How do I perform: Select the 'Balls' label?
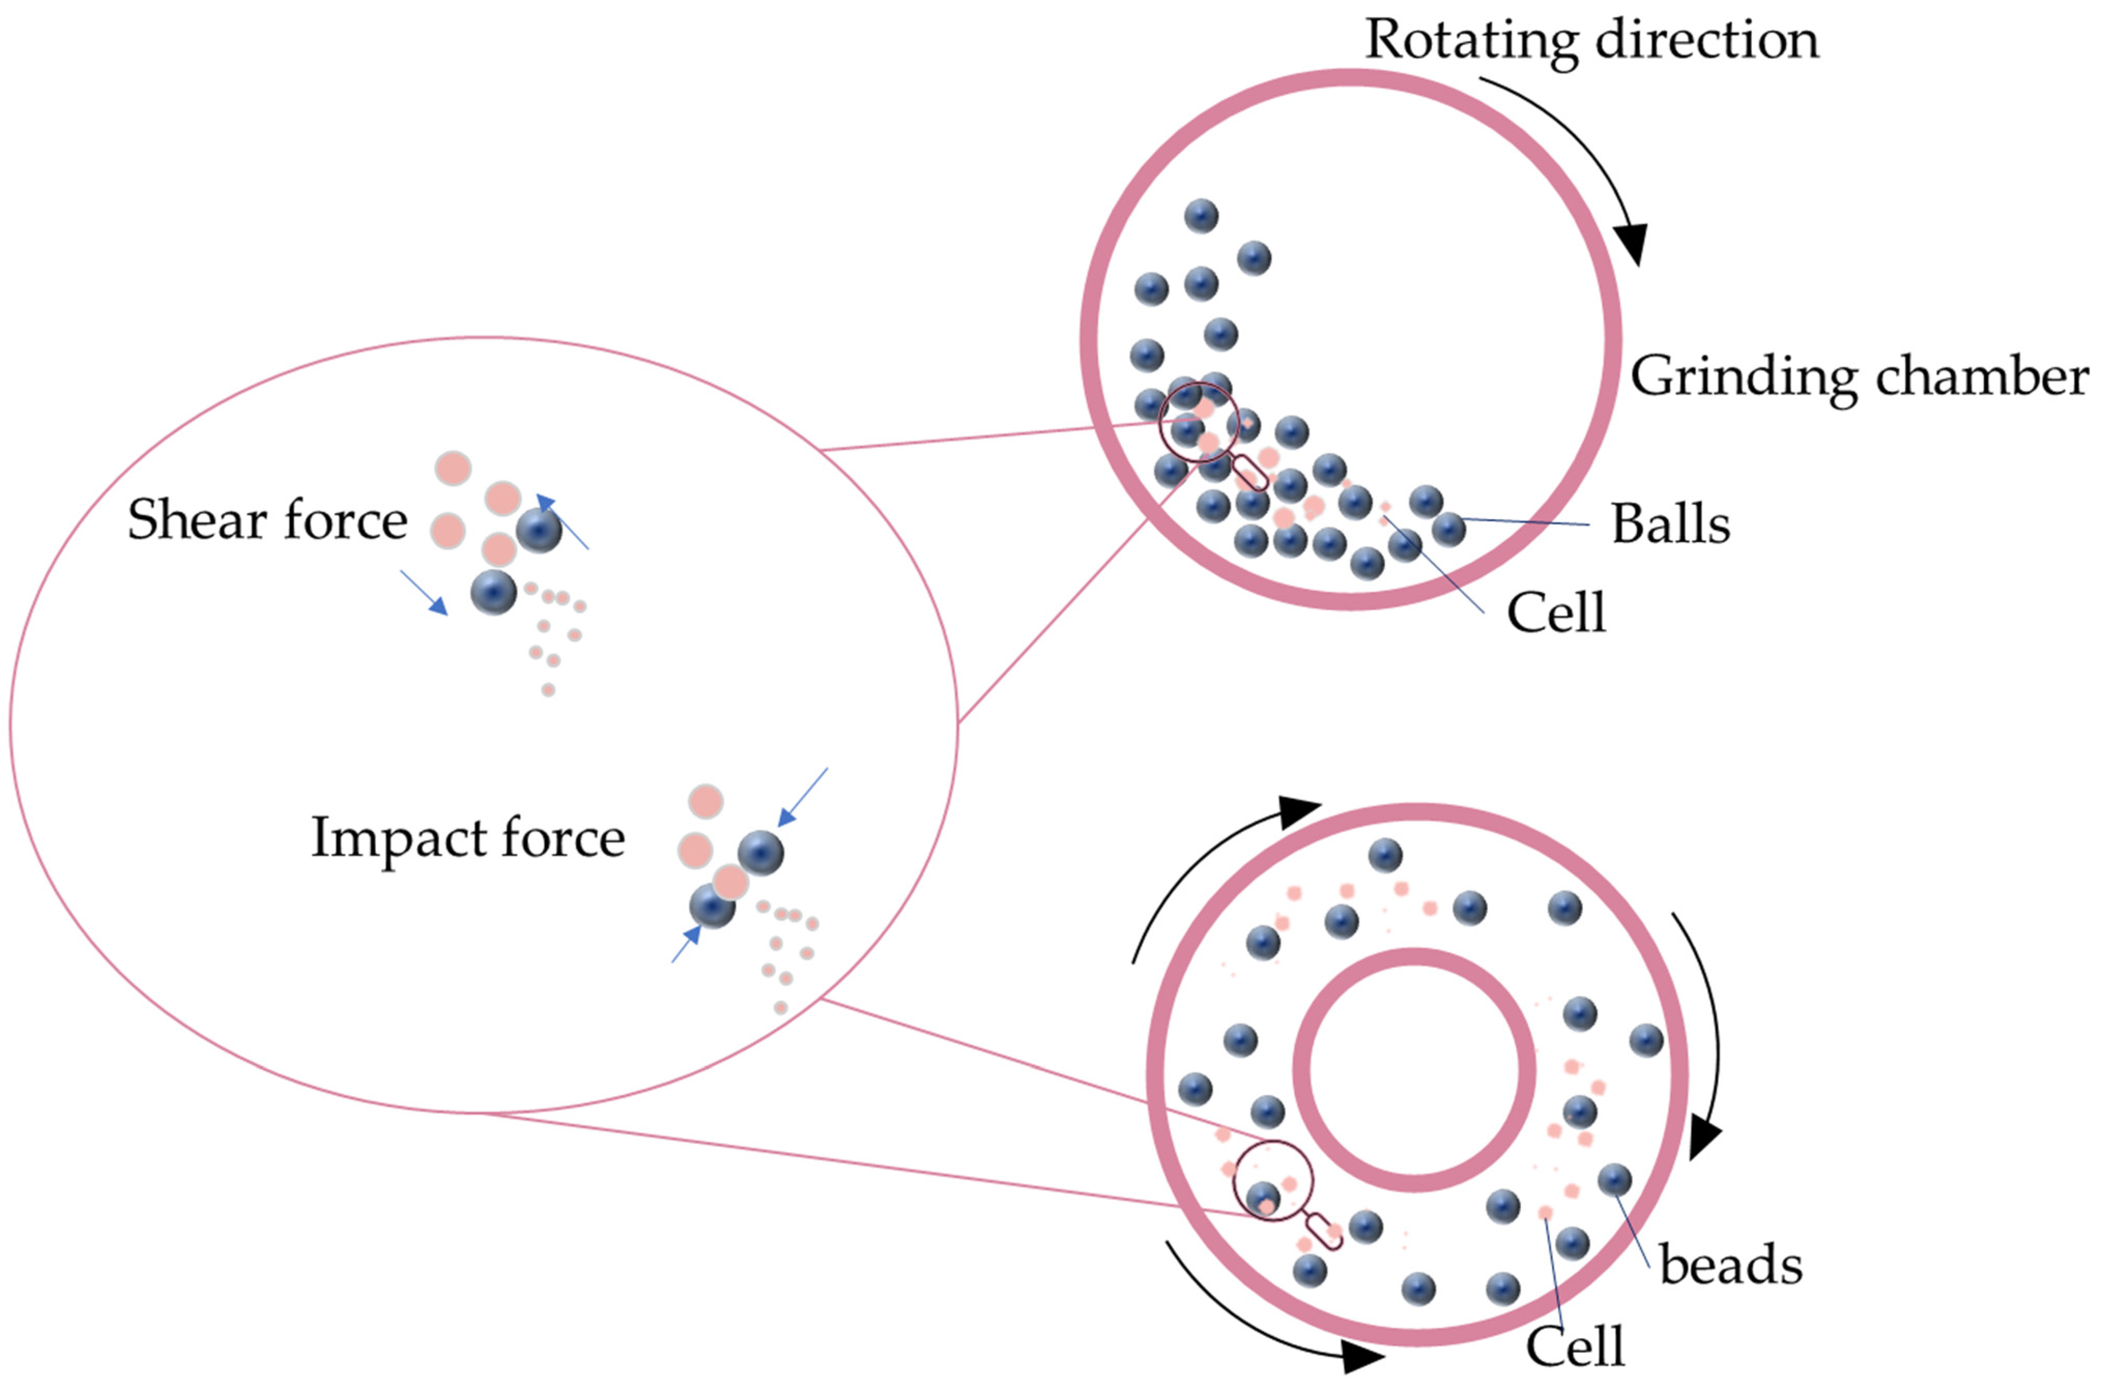click(x=1670, y=524)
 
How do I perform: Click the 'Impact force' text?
click(x=467, y=838)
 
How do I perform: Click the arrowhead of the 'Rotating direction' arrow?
click(x=1631, y=244)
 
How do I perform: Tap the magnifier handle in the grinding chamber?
click(x=1251, y=472)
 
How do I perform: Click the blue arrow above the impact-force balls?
click(x=803, y=797)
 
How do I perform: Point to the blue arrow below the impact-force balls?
click(x=686, y=944)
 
